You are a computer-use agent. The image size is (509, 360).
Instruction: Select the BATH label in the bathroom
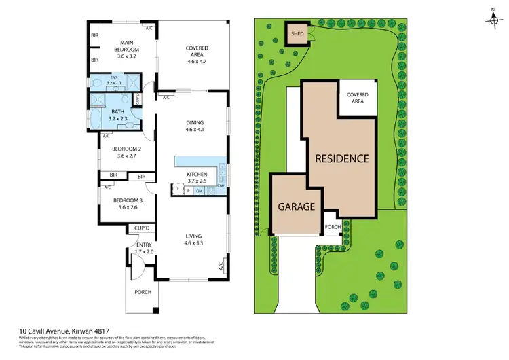117,111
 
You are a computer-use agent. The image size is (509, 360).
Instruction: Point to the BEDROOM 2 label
126,149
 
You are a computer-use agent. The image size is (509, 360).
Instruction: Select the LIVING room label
195,236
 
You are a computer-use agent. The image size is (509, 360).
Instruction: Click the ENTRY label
144,245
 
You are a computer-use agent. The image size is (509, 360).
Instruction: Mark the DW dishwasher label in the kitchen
222,185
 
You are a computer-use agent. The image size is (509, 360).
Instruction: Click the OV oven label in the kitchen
199,191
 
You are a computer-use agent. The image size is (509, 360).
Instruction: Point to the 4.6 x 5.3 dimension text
195,242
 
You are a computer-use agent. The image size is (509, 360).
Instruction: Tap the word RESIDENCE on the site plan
341,158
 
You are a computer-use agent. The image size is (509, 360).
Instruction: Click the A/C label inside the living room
220,266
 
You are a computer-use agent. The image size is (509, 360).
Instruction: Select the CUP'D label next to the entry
142,228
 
